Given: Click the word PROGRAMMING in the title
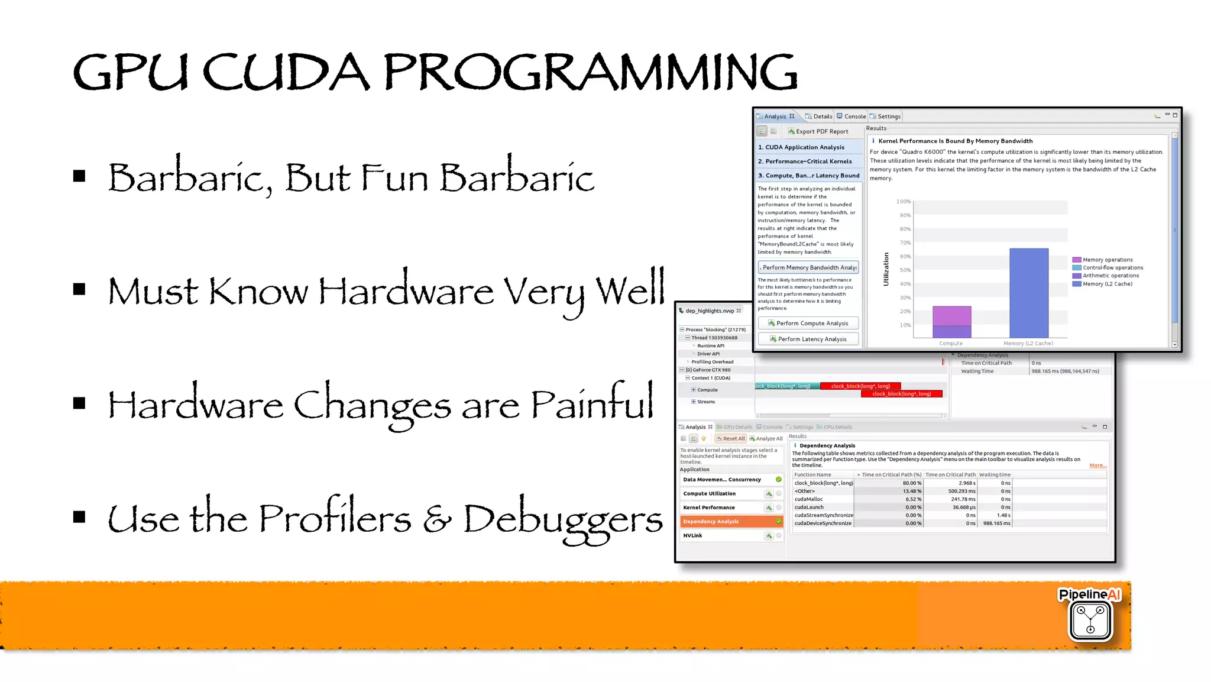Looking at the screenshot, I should coord(590,72).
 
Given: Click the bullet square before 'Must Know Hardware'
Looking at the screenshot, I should coord(79,289).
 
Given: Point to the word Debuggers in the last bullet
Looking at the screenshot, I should coord(562,519).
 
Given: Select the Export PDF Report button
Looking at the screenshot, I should coord(818,131).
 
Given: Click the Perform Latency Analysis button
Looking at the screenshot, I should coord(808,339).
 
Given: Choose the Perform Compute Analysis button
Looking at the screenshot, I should coord(808,323).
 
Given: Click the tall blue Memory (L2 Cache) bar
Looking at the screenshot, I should coord(1028,293).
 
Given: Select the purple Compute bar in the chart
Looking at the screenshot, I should coord(951,322).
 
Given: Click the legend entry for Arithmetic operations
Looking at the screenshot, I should coord(1110,276).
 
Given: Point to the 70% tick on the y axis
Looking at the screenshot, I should coord(905,243).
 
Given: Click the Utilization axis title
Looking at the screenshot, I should coord(886,269).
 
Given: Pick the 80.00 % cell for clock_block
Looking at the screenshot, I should coord(911,483).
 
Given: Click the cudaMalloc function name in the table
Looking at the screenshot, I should coord(808,499).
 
